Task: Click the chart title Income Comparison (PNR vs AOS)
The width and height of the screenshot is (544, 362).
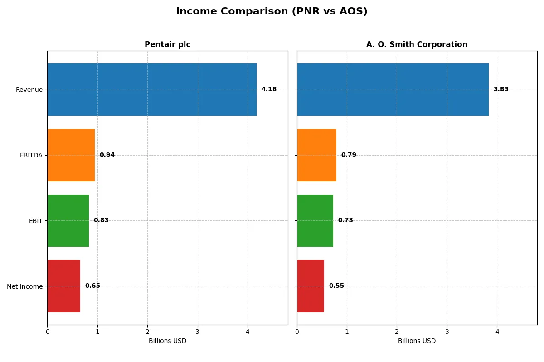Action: pos(272,11)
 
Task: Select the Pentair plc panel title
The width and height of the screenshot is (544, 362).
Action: pos(167,44)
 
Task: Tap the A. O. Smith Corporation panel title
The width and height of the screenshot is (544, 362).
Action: pos(417,44)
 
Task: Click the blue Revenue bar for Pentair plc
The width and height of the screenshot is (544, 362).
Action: pos(152,90)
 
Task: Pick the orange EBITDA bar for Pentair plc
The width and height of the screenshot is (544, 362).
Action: pos(71,155)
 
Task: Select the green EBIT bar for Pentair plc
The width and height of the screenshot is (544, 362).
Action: pos(68,220)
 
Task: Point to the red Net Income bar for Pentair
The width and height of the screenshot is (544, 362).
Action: pos(64,286)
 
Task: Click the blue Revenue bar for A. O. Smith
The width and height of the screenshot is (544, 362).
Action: pos(393,90)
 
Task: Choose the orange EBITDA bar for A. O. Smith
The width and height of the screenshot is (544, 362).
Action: pos(316,155)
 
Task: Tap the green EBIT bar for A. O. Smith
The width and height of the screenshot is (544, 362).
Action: pos(315,220)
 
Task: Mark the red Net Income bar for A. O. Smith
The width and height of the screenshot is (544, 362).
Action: pos(311,286)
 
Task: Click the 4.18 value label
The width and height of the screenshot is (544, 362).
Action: pos(269,90)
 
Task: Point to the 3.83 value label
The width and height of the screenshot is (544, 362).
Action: pos(501,90)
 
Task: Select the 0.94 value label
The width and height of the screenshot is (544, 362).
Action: pos(107,155)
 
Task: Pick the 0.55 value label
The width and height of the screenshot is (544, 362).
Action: pos(336,286)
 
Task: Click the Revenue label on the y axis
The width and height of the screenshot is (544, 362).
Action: pos(29,90)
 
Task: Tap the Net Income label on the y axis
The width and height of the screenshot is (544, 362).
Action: pos(25,286)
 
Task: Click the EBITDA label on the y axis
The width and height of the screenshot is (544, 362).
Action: pos(31,155)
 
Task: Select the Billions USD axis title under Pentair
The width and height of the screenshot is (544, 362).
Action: pos(167,341)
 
